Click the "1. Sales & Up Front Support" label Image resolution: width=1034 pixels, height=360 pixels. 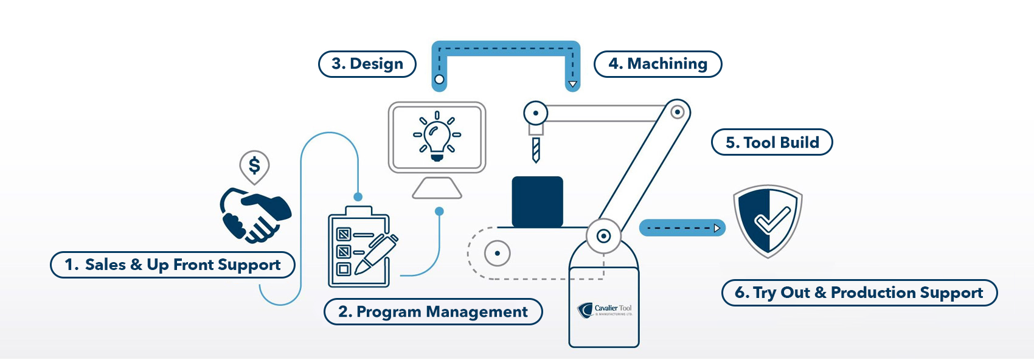point(173,265)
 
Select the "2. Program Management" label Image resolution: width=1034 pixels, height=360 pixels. point(433,312)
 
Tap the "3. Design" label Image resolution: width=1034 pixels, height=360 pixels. point(367,64)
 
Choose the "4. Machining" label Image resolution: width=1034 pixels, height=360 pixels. point(658,64)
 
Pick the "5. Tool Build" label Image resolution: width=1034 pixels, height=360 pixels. point(772,142)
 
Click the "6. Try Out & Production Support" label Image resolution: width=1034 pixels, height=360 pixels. point(859,293)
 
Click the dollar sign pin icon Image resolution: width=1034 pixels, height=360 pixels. point(254,166)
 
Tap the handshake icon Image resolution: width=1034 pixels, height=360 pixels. point(256,215)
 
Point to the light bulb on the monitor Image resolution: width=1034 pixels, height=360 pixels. point(437,136)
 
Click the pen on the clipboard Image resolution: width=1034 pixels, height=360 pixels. point(376,252)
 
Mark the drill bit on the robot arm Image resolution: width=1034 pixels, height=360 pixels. point(536,150)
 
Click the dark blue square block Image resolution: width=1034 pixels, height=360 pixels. point(537,201)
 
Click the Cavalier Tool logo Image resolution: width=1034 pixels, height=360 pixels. point(605,310)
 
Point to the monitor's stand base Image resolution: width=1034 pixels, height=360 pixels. point(437,189)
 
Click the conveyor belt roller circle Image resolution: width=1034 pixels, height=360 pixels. point(498,253)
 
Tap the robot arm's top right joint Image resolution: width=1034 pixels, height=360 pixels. point(678,112)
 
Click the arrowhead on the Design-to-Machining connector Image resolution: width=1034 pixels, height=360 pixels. point(572,84)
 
